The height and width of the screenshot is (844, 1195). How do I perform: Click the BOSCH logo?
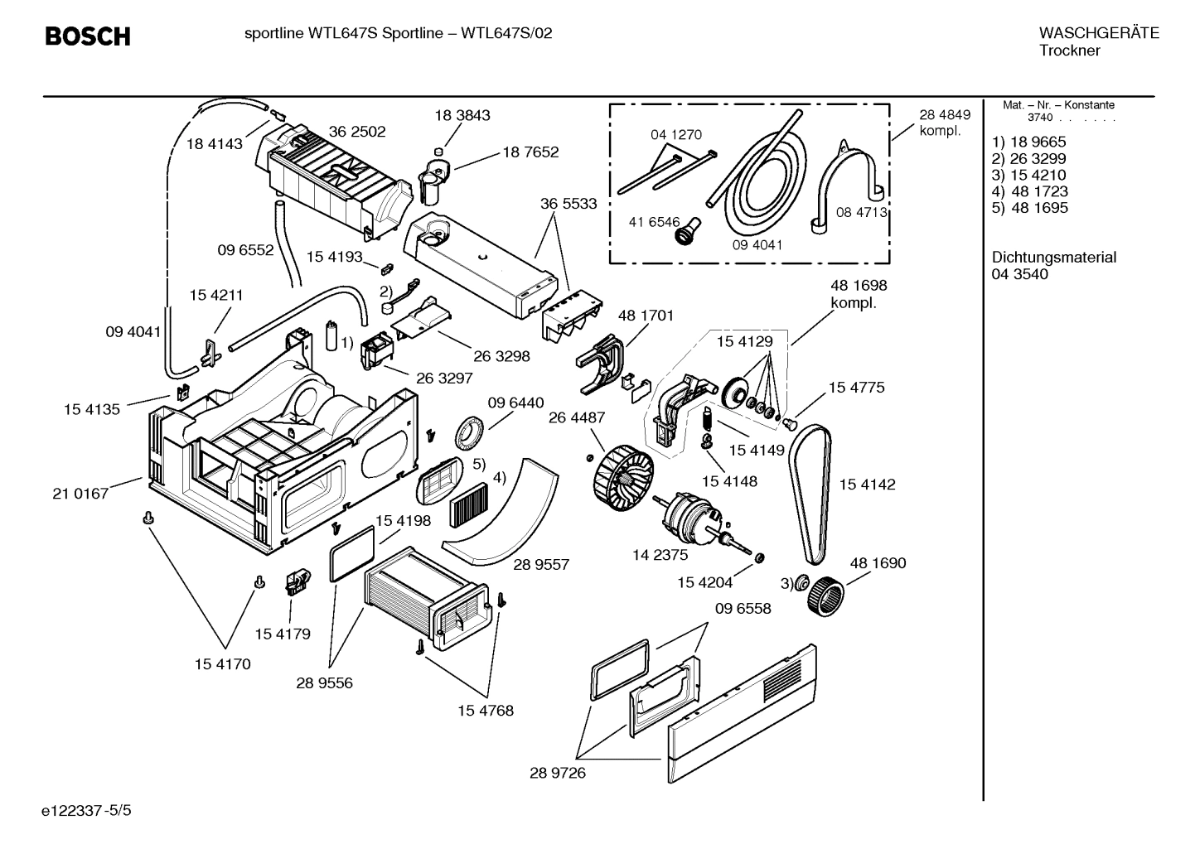87,36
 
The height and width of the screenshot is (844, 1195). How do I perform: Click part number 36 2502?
356,131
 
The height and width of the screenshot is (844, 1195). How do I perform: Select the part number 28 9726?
557,774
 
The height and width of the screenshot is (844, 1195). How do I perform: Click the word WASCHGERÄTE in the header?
1098,33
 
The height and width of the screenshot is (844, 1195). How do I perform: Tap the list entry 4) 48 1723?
1029,191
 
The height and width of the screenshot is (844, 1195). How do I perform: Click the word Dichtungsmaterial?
1053,258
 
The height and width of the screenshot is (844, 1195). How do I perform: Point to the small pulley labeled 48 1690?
825,594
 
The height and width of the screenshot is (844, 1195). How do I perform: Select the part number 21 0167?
80,494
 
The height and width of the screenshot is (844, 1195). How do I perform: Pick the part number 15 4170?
222,663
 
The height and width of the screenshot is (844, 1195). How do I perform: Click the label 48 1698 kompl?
858,293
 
